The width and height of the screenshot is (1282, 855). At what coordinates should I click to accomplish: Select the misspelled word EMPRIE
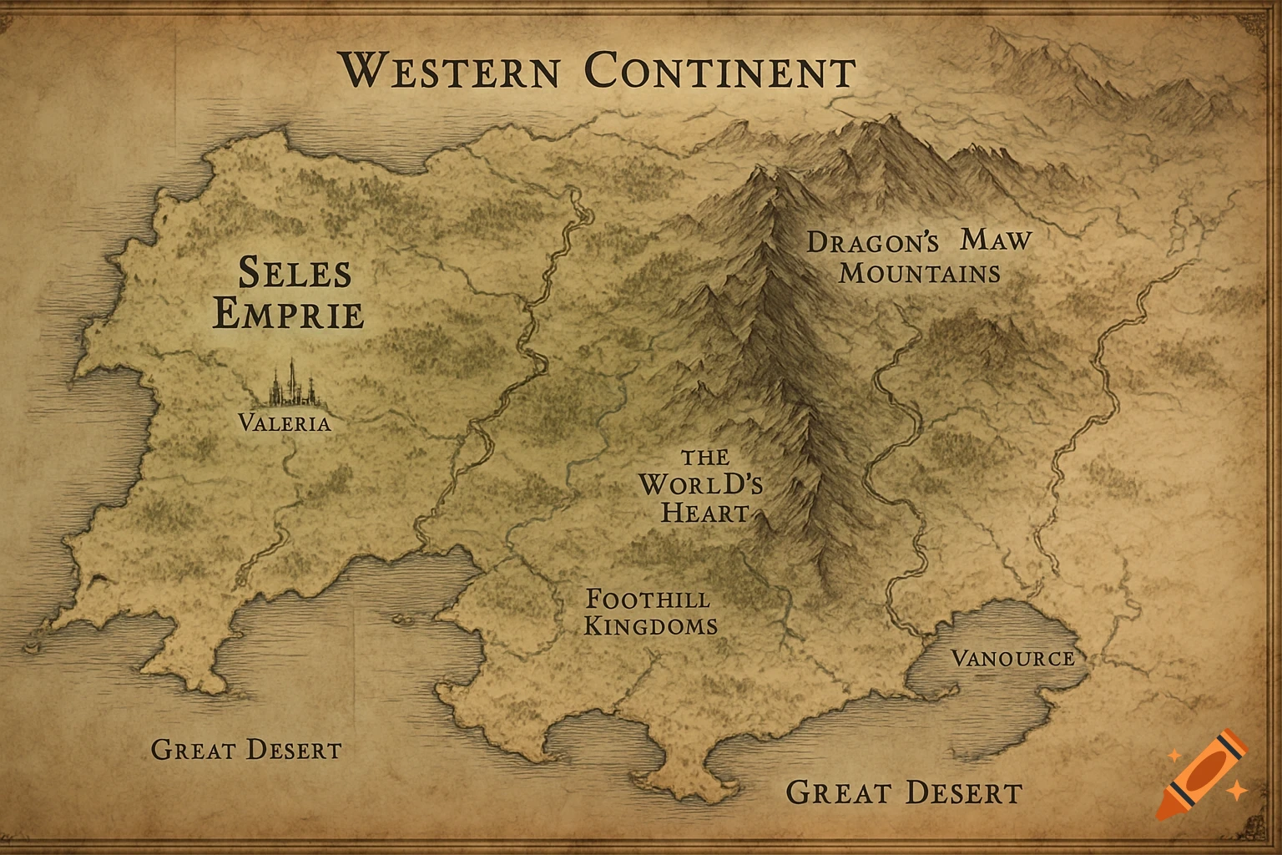[289, 316]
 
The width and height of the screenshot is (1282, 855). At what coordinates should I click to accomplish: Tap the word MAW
[996, 240]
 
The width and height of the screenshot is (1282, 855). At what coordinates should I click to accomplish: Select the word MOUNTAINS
[920, 273]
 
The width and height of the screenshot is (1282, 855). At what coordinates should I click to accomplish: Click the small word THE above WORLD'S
[705, 458]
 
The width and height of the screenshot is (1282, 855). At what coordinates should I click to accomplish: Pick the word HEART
[704, 512]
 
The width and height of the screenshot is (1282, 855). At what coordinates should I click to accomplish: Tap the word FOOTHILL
[649, 599]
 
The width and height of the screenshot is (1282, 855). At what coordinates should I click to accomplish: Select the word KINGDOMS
[651, 625]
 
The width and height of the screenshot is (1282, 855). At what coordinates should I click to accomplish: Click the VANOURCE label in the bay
[1012, 659]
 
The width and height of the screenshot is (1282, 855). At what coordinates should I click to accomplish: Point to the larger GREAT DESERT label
[904, 792]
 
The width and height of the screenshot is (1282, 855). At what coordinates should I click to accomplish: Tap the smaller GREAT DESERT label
[246, 749]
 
